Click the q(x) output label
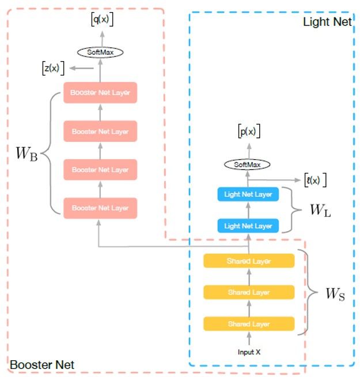click(102, 19)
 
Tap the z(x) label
click(53, 68)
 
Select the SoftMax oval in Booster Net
click(101, 52)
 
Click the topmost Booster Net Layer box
click(100, 93)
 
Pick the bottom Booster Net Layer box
click(100, 208)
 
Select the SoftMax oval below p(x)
click(248, 165)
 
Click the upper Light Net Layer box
click(248, 194)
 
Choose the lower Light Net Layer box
click(248, 225)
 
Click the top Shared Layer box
click(249, 261)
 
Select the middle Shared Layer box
click(249, 292)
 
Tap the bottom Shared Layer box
click(249, 323)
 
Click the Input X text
click(249, 352)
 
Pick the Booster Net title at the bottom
click(42, 364)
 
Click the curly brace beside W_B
click(48, 153)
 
